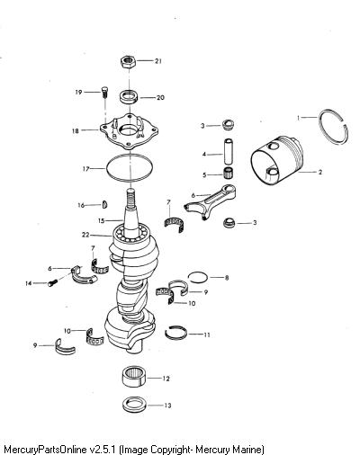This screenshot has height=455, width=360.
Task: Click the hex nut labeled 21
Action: tap(129, 61)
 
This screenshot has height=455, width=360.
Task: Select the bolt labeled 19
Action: tap(104, 92)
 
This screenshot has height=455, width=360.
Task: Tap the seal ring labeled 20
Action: tap(130, 96)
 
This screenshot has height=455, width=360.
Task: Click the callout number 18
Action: tap(75, 131)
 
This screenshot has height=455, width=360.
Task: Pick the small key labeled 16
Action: tap(105, 204)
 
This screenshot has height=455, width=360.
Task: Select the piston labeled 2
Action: tap(276, 160)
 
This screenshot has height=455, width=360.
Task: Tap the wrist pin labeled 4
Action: tap(229, 151)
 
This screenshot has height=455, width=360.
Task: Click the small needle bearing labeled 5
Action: tap(229, 174)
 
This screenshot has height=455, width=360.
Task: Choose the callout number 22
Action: tap(85, 235)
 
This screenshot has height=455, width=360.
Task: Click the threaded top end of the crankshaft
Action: tap(130, 199)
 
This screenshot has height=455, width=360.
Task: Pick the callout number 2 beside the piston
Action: tap(320, 172)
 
